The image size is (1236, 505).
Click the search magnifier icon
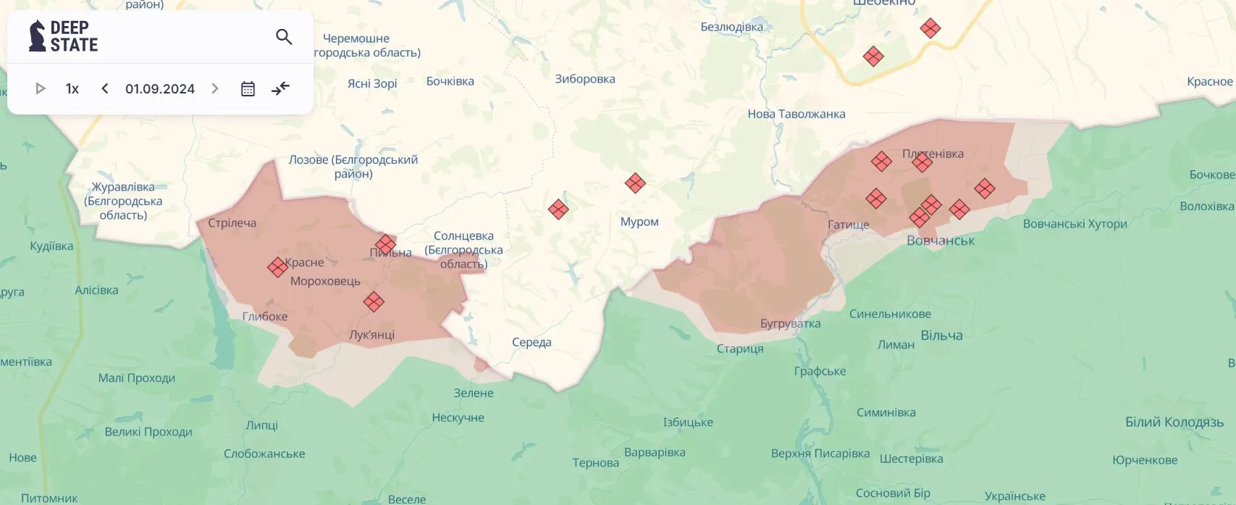[x=284, y=36]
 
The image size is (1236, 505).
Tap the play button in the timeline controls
[x=41, y=88]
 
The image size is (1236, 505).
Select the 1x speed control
[x=72, y=88]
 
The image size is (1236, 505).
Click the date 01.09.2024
[x=160, y=88]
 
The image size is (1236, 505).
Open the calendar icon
[x=248, y=88]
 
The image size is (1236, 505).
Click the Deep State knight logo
[x=37, y=36]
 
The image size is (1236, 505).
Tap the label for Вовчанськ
[x=941, y=241]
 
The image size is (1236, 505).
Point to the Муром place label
[x=639, y=222]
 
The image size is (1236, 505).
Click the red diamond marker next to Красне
[x=277, y=267]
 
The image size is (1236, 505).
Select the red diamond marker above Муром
[x=635, y=183]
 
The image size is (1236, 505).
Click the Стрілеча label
[x=232, y=223]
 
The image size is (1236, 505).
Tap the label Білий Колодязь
[x=1174, y=422]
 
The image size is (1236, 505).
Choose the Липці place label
[x=261, y=425]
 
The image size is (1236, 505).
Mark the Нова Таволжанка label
[x=796, y=114]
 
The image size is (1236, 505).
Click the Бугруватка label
[x=790, y=323]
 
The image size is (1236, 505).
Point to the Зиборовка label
[x=584, y=79]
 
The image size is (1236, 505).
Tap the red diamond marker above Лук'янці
[x=374, y=301]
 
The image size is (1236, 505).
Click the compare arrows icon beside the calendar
[x=280, y=88]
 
